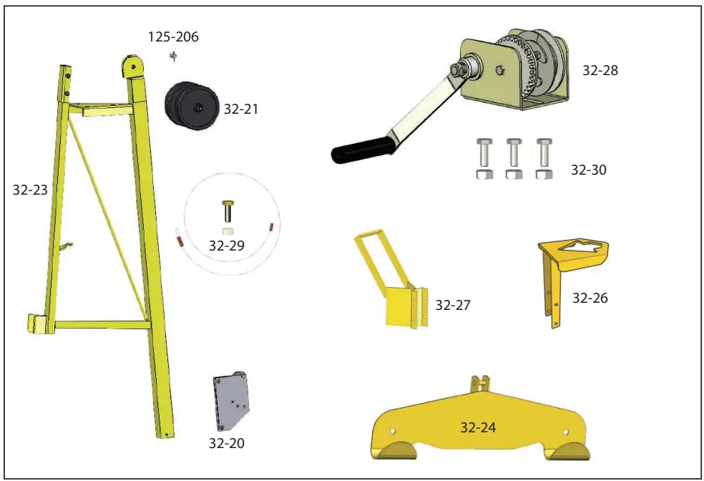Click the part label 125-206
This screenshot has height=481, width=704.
pyautogui.click(x=172, y=37)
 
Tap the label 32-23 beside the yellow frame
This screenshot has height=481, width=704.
pyautogui.click(x=31, y=190)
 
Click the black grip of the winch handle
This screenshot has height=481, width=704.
pyautogui.click(x=362, y=149)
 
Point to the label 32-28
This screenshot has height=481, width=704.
pyautogui.click(x=600, y=70)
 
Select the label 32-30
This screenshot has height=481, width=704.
pyautogui.click(x=588, y=170)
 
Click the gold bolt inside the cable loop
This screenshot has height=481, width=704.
pyautogui.click(x=227, y=210)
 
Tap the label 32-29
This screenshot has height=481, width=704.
pyautogui.click(x=226, y=245)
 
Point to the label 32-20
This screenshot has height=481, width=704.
pyautogui.click(x=226, y=443)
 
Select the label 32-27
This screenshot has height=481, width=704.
pyautogui.click(x=453, y=305)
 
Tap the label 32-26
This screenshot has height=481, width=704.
pyautogui.click(x=590, y=297)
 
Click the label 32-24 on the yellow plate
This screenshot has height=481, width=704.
pyautogui.click(x=478, y=427)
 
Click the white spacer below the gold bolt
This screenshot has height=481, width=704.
pyautogui.click(x=227, y=230)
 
